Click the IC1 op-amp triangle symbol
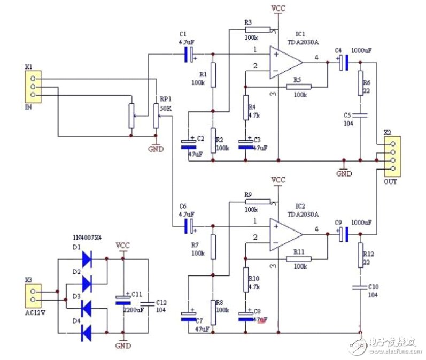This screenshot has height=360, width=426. point(285,63)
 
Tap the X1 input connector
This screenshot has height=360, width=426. point(33,87)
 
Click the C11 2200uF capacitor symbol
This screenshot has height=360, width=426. point(123,299)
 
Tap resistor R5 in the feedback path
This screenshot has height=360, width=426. point(300,87)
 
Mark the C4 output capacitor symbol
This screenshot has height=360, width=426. point(344,63)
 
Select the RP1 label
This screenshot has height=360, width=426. point(165,99)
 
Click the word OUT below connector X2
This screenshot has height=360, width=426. point(391,181)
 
